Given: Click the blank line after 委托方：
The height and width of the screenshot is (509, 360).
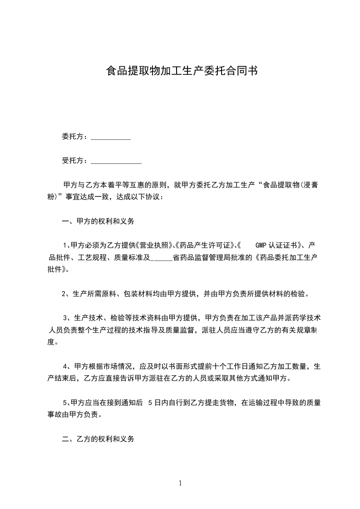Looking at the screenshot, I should tap(111, 137).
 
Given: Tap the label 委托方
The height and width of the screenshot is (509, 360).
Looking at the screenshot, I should tap(73, 137).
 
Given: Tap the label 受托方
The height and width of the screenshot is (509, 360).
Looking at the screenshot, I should tap(73, 161).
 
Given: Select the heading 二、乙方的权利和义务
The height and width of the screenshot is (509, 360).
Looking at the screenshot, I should tap(99, 439).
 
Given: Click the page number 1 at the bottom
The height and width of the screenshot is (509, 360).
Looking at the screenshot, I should tap(180, 483).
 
